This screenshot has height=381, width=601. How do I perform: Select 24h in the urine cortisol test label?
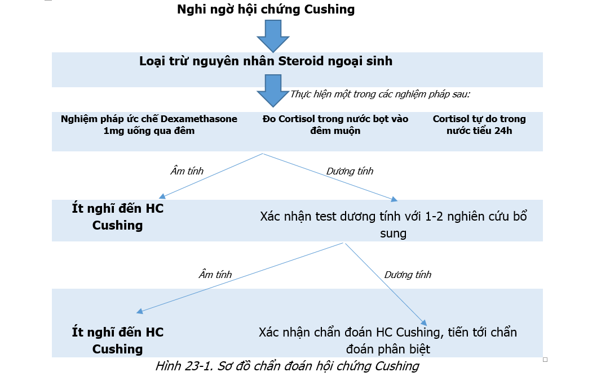coord(503,131)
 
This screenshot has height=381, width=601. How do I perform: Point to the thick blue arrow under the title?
coord(273,35)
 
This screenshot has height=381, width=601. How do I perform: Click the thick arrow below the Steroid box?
coord(273,91)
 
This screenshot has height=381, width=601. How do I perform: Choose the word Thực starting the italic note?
coord(300,94)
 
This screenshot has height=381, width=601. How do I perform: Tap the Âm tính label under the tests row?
coord(187,171)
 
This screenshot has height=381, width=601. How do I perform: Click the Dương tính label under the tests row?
coord(350,171)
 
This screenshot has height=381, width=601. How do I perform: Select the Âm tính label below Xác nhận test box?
coord(215,274)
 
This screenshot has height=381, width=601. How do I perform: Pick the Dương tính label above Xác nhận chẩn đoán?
coord(408,275)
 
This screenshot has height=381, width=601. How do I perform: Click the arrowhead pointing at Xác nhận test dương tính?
coord(394,199)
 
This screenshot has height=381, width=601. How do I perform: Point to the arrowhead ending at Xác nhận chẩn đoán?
coord(423,322)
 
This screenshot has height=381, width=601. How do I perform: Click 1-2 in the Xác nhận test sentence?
coord(434,217)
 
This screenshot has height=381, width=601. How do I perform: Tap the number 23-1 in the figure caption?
coord(198,366)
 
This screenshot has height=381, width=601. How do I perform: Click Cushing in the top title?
coord(329,9)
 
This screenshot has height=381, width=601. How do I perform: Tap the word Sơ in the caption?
coord(224,366)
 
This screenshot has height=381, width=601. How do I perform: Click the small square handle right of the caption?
coord(545,360)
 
